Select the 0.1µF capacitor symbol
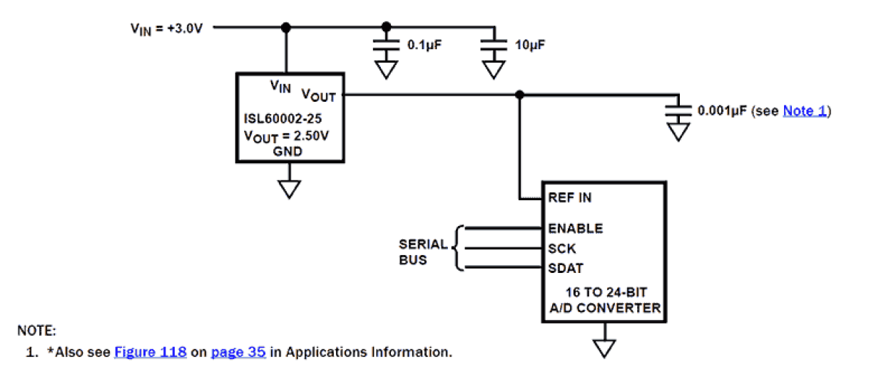tap(387, 44)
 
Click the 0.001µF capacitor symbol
tap(678, 110)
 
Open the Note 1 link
tap(805, 110)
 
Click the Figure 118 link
tap(151, 352)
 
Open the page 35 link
tap(238, 352)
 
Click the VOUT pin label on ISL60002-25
tap(318, 94)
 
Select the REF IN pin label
tap(570, 198)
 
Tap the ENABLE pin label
tap(575, 229)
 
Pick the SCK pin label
tap(562, 249)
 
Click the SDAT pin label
tap(566, 269)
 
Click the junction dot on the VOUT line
tap(520, 95)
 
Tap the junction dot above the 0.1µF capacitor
tap(387, 28)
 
